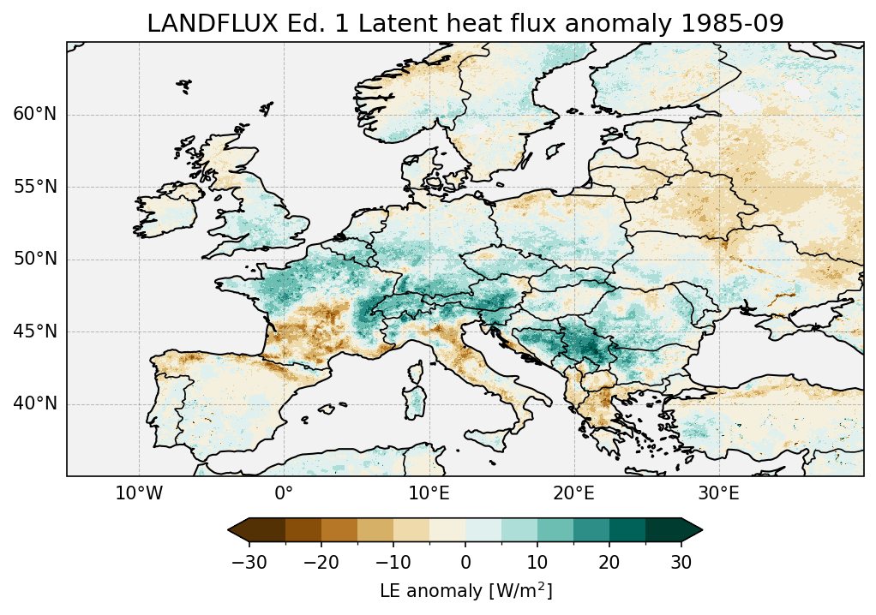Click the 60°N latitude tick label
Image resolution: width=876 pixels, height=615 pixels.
pyautogui.click(x=34, y=115)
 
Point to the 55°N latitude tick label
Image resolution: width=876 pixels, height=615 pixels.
pyautogui.click(x=34, y=187)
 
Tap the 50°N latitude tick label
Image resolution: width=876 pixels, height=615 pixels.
pyautogui.click(x=34, y=260)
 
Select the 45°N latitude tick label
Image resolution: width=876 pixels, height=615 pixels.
pyautogui.click(x=34, y=331)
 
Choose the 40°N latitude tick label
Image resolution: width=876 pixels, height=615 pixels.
pyautogui.click(x=34, y=403)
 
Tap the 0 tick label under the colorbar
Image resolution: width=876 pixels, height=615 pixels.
pyautogui.click(x=465, y=562)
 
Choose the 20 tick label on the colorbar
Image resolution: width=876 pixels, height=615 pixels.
pyautogui.click(x=609, y=562)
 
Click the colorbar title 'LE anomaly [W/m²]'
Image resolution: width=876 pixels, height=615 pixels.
pyautogui.click(x=465, y=591)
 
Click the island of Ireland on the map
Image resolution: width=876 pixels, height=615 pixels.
pyautogui.click(x=168, y=211)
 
